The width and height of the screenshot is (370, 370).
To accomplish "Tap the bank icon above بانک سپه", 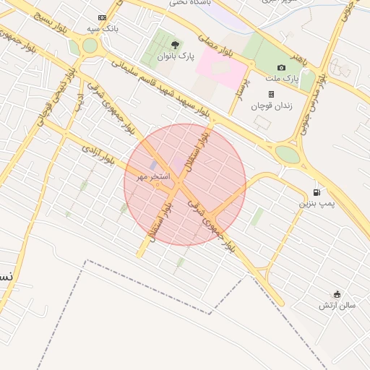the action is click(101, 18).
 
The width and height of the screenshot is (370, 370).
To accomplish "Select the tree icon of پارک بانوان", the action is click(175, 45).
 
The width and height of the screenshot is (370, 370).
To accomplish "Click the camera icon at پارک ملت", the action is click(282, 67).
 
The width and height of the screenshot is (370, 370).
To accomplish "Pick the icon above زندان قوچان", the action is click(271, 94).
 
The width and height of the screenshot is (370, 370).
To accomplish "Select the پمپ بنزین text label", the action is click(318, 205).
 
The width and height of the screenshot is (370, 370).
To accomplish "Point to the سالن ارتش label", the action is click(337, 306).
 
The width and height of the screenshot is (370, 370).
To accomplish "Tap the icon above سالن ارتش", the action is click(337, 293).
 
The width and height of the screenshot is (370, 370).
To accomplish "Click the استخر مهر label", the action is click(153, 176).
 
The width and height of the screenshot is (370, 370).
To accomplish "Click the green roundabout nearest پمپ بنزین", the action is click(287, 154).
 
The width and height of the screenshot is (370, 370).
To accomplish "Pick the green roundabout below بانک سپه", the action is click(90, 46).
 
